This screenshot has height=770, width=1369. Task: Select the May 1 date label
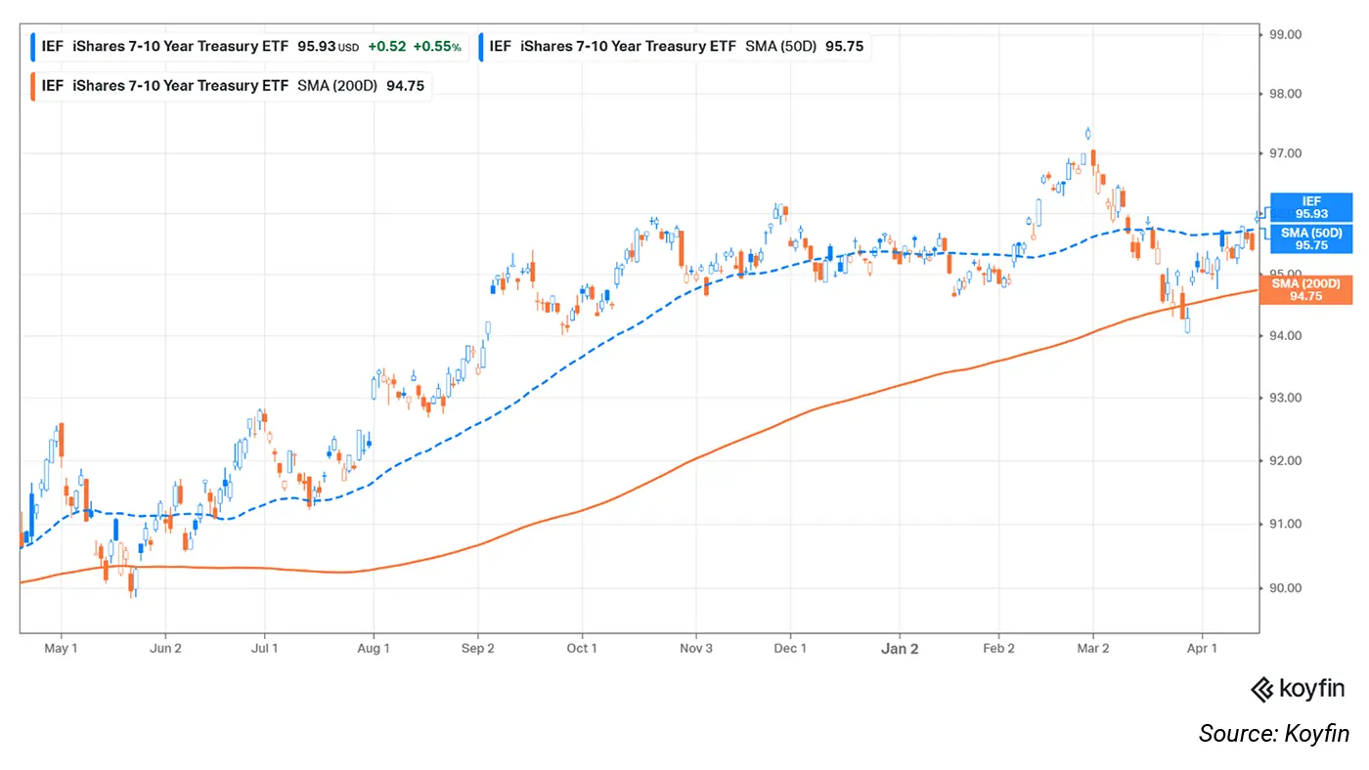[x=61, y=648]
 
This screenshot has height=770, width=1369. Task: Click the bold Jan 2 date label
[x=900, y=648]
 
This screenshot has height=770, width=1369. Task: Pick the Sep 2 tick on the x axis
[x=478, y=648]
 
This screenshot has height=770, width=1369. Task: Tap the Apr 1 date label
[x=1202, y=648]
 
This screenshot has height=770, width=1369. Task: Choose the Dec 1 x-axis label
[x=790, y=648]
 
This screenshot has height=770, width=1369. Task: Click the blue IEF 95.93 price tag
[x=1311, y=207]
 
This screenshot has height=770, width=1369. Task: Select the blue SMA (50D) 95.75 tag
[x=1311, y=239]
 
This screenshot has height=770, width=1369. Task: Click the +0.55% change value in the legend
[x=436, y=46]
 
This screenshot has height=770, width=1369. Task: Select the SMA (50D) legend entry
[x=675, y=46]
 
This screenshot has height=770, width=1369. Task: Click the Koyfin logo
[x=1300, y=690]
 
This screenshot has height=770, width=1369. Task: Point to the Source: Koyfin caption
[x=1273, y=734]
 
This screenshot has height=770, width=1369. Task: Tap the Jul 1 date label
[x=264, y=648]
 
